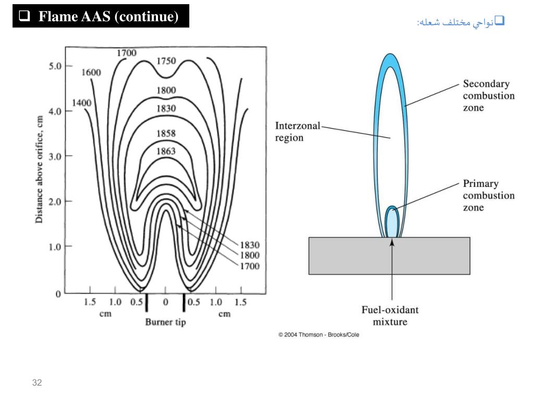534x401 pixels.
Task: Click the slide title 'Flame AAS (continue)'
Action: coord(101,17)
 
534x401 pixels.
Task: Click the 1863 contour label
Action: coord(166,151)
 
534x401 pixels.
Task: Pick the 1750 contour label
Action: coord(166,61)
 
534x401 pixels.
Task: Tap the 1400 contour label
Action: coord(81,103)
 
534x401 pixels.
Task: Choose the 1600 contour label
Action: coord(91,73)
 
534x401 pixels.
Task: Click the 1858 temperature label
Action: coord(166,133)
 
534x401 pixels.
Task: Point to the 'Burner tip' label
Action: coord(165,322)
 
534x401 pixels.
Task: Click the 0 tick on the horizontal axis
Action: coord(165,302)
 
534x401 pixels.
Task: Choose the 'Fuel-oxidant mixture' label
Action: coord(390,315)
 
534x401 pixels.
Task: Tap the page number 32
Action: coord(37,383)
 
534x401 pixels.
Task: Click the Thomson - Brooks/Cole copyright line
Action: coord(319,335)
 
